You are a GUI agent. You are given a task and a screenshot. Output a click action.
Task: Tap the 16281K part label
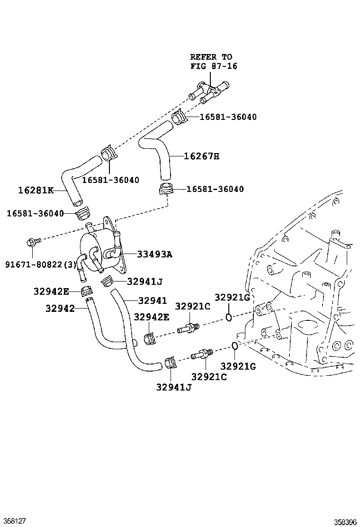(x=36, y=190)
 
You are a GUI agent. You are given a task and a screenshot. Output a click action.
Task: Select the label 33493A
(x=154, y=254)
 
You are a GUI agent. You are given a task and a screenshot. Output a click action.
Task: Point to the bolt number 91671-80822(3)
(x=41, y=264)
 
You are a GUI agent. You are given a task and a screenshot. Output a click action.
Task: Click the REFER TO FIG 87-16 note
(x=214, y=62)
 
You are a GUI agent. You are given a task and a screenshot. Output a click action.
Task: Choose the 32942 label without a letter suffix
(x=60, y=309)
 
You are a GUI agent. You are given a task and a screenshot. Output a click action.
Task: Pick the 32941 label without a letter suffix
(x=153, y=300)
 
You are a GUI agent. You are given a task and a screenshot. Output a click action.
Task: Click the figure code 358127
(x=13, y=520)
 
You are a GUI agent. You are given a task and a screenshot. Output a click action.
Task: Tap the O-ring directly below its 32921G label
(x=228, y=316)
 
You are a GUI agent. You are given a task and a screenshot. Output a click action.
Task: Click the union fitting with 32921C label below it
(x=201, y=354)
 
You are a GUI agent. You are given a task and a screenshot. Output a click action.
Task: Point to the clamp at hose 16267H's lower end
(x=165, y=189)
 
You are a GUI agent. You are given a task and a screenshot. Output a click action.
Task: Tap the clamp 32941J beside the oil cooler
(x=107, y=282)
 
